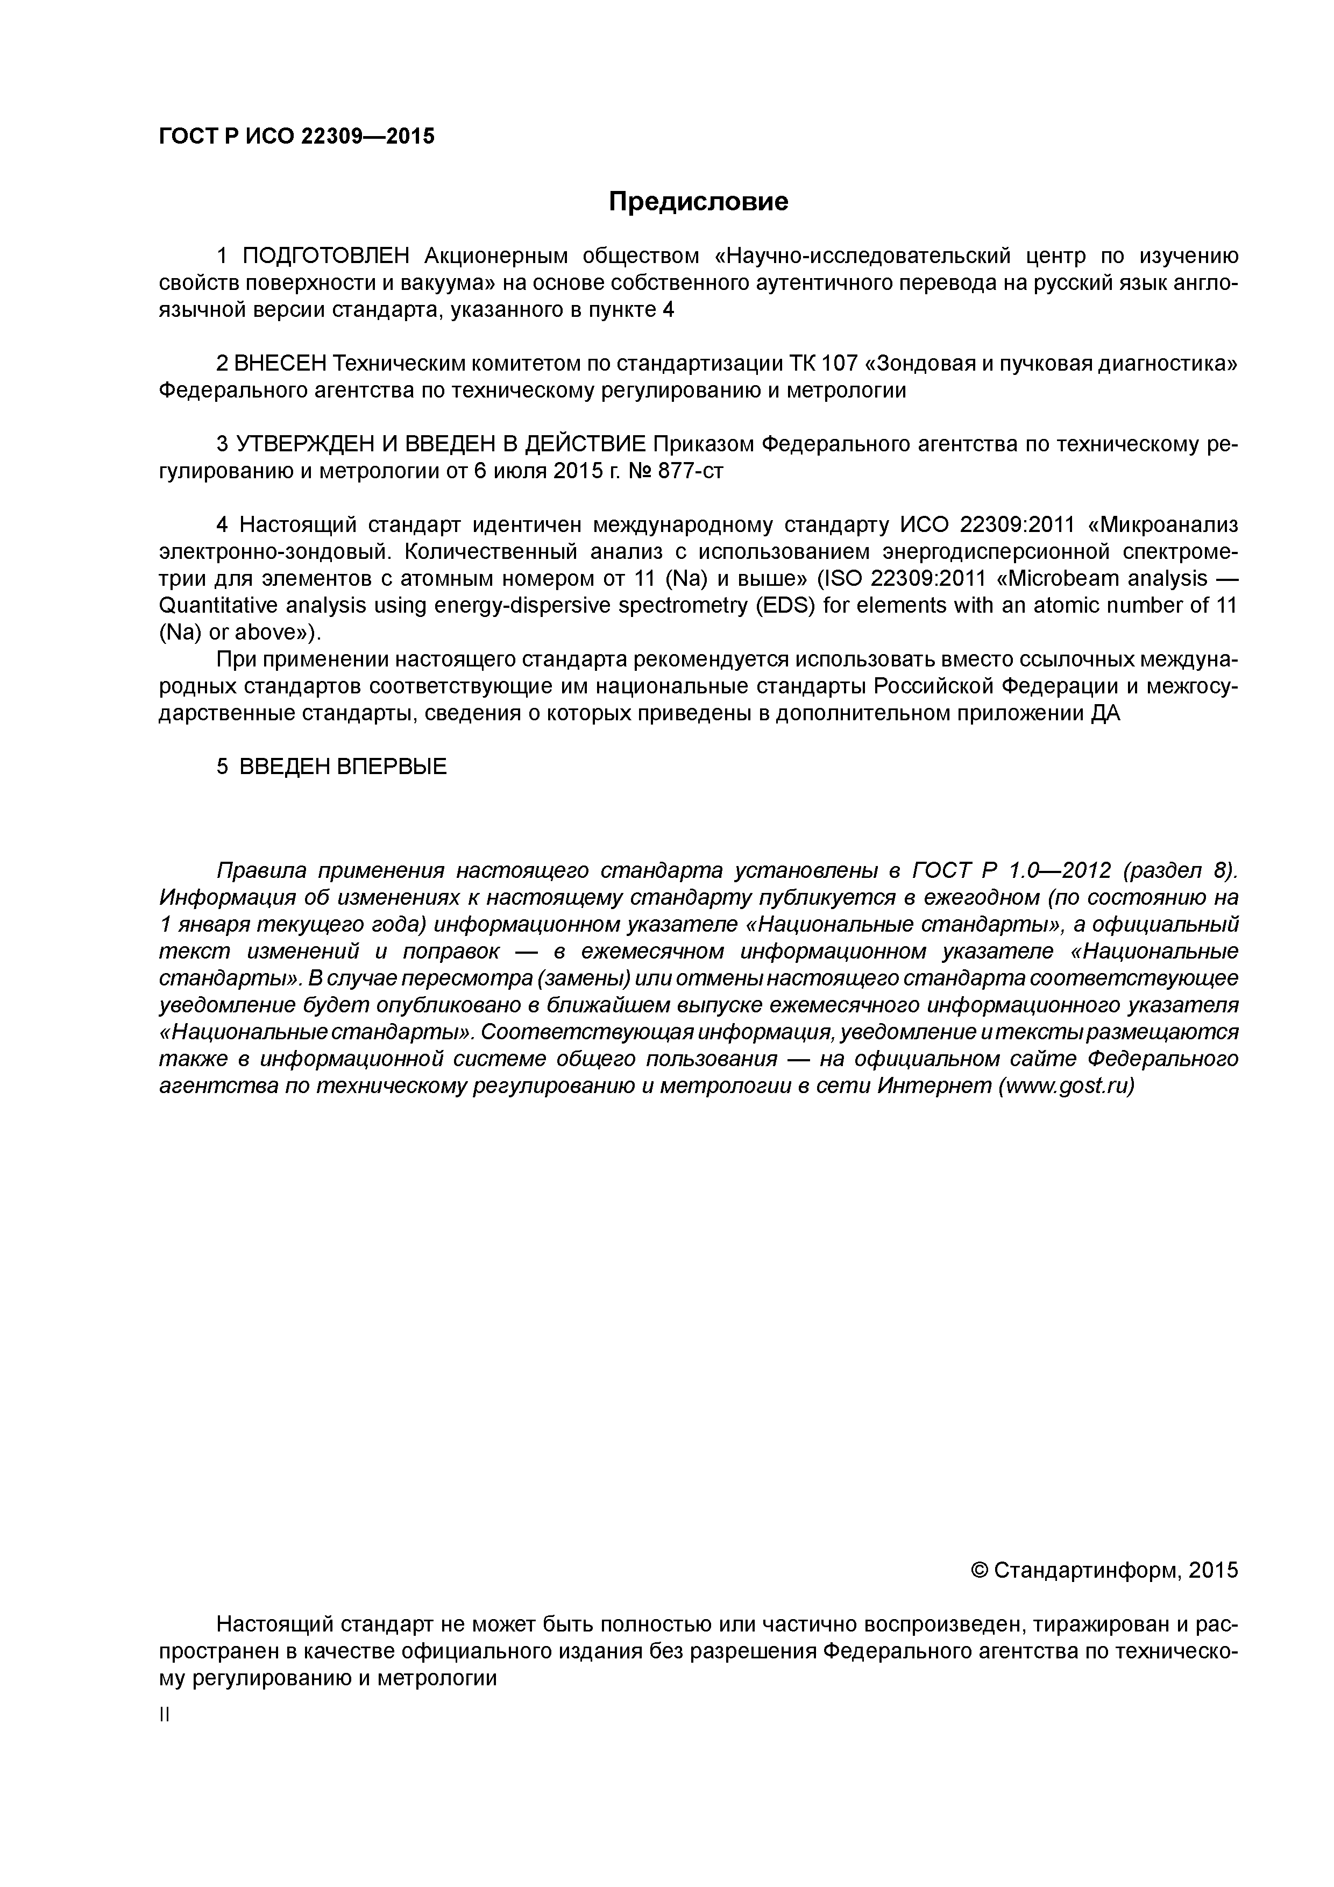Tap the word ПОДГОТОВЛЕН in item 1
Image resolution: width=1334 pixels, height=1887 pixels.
pos(325,257)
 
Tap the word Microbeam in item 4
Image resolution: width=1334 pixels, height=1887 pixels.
pos(1060,579)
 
